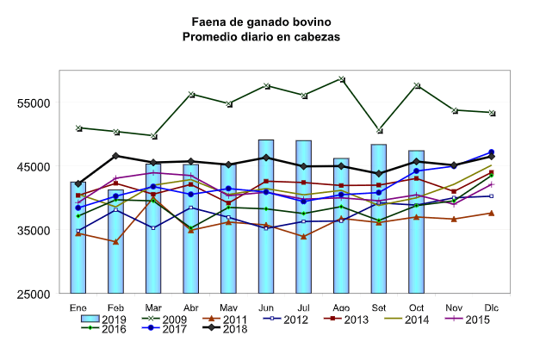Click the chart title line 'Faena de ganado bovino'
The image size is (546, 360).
[261, 20]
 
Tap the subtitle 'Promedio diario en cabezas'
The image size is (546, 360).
[261, 37]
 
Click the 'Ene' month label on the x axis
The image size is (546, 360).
[78, 307]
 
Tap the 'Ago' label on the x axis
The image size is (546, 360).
[341, 307]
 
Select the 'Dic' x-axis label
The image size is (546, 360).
[491, 307]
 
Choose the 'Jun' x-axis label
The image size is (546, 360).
[266, 307]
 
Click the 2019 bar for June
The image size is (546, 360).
[266, 215]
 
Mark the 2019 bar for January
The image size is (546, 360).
[78, 237]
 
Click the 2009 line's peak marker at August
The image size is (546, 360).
[342, 79]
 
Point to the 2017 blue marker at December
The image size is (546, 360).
[491, 152]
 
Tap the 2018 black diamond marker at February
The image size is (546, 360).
[116, 156]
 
